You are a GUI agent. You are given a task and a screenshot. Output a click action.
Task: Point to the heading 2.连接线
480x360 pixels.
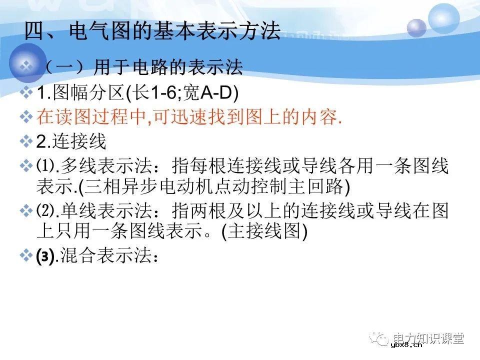pyautogui.click(x=71, y=141)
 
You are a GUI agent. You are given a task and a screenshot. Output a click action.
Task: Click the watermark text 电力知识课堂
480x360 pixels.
pyautogui.click(x=428, y=338)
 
